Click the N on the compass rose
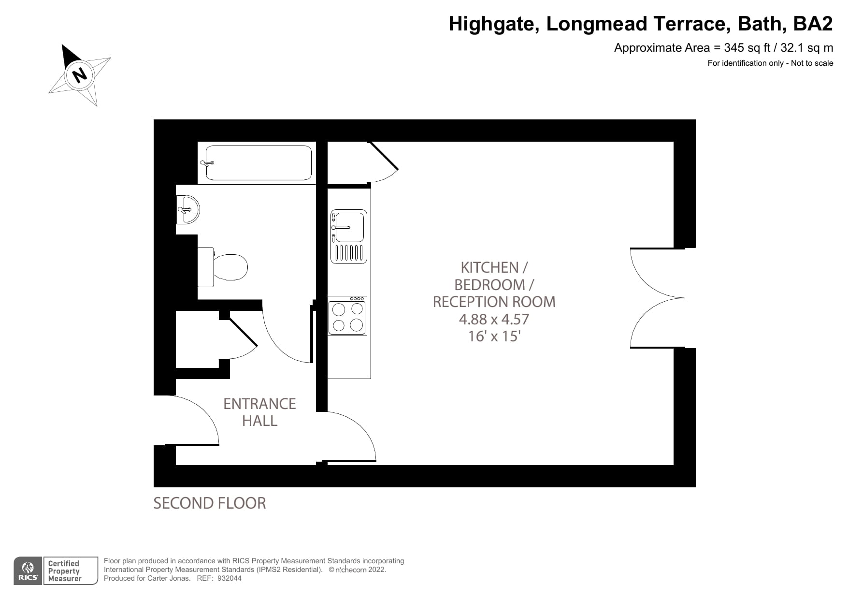(79, 75)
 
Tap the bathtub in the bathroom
(259, 163)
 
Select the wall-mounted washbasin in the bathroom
(187, 210)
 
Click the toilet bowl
(230, 267)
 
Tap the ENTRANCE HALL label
(259, 412)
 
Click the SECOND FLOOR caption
(209, 503)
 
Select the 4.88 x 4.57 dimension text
(494, 319)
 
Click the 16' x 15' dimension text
(494, 336)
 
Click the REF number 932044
(230, 578)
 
